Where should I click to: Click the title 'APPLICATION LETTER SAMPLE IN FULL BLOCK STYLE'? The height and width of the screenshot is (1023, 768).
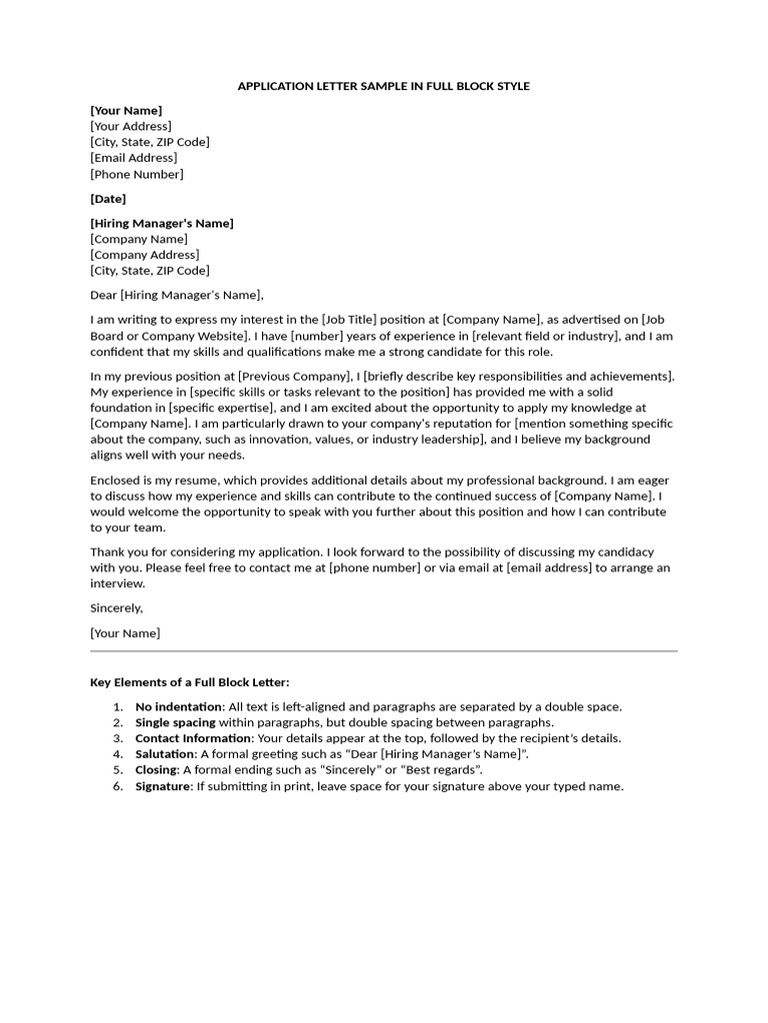point(383,86)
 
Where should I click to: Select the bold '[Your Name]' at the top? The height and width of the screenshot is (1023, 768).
point(126,110)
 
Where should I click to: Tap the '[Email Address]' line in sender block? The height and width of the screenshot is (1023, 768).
point(133,158)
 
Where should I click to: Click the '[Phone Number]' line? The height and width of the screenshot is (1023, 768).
point(137,174)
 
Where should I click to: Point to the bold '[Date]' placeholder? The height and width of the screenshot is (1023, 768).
point(108,199)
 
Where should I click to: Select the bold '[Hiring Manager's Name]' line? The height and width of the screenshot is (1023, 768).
point(162,223)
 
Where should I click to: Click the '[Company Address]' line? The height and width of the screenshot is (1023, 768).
point(144,255)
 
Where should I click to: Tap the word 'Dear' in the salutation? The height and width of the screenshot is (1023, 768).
point(104,295)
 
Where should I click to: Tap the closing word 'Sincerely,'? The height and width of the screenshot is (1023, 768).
point(117,607)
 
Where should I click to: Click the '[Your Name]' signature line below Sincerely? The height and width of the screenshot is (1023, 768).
point(125,632)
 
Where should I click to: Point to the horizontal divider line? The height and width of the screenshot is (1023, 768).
point(383,651)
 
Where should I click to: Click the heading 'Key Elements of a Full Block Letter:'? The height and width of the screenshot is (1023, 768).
point(190,682)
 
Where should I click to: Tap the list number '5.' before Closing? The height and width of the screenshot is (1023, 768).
point(117,770)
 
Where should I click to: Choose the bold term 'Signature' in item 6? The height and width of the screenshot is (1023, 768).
point(162,786)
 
